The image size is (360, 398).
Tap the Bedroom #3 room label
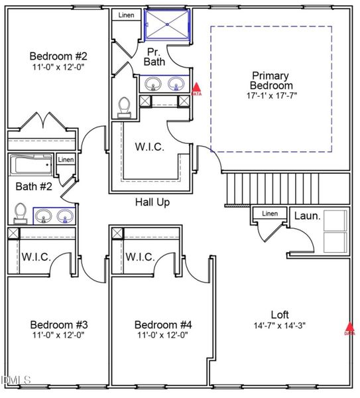pos(59,324)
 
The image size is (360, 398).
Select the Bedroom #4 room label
pos(163,324)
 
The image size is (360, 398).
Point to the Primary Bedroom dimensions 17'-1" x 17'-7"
pos(271,96)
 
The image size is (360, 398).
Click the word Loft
pos(280,314)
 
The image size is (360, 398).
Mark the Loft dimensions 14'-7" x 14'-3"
pos(279,325)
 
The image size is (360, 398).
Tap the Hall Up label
pos(152,202)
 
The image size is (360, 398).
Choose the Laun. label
pos(307,216)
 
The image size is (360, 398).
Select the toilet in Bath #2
pos(20,213)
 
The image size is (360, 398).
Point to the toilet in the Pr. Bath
pos(124,106)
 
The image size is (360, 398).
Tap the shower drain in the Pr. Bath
pos(166,25)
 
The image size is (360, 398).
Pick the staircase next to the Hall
pos(286,188)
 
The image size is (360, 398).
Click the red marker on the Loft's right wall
pos(349,327)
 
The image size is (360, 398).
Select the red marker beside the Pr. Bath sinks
pos(196,88)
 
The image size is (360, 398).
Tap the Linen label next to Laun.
pos(270,214)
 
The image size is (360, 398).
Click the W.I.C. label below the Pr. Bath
pos(149,146)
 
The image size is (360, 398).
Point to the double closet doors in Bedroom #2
pos(44,123)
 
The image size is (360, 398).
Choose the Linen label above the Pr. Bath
pos(125,15)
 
